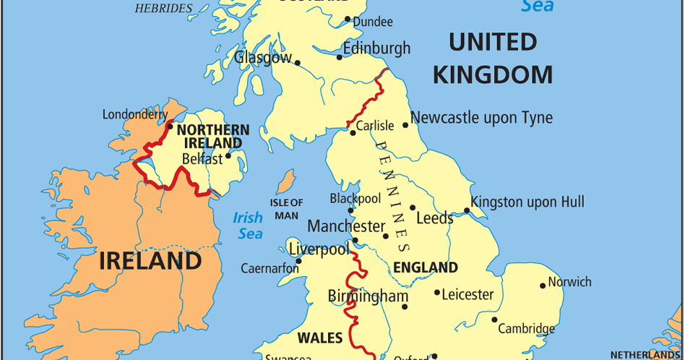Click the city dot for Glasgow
coord(297,63)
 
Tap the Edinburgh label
coord(376,48)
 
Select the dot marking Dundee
coord(348,20)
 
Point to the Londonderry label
coord(135,114)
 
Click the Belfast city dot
coord(228,155)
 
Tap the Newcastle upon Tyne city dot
coord(405,125)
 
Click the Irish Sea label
coord(248,226)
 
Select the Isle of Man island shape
coord(287,181)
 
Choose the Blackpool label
coord(355,198)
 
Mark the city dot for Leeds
coord(413,207)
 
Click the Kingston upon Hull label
coord(527,202)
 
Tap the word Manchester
coord(346,226)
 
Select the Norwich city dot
coord(543,286)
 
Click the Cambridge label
coord(526,329)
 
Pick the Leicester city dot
coord(437,293)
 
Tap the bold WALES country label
coord(319,338)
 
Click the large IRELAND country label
coord(150,260)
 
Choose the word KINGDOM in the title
coord(493,75)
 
